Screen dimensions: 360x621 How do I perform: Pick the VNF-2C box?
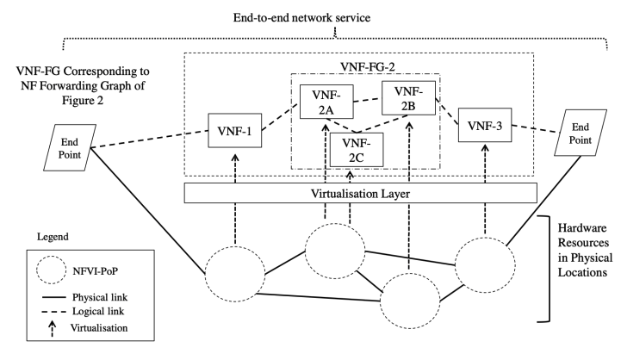[x=356, y=152]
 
